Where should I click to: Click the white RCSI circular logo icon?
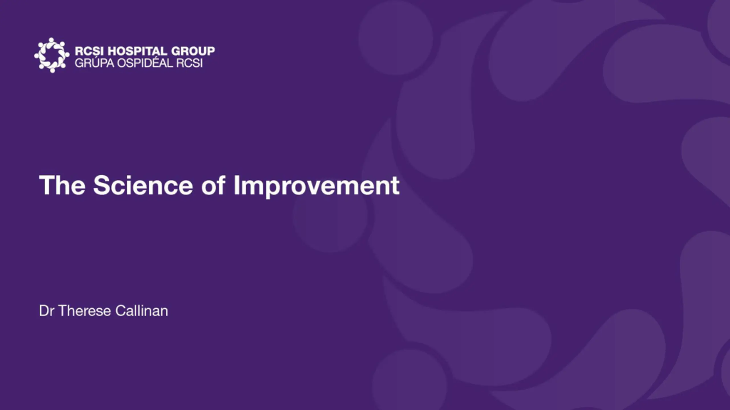click(52, 55)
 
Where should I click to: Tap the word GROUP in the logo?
click(193, 51)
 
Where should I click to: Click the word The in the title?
click(62, 185)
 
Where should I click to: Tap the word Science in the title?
click(143, 185)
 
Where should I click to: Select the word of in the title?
click(213, 185)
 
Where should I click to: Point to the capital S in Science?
click(102, 185)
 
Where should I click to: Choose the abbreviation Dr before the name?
click(46, 311)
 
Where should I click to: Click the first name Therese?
click(85, 311)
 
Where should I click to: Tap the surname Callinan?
click(142, 311)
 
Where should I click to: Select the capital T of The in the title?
click(47, 185)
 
